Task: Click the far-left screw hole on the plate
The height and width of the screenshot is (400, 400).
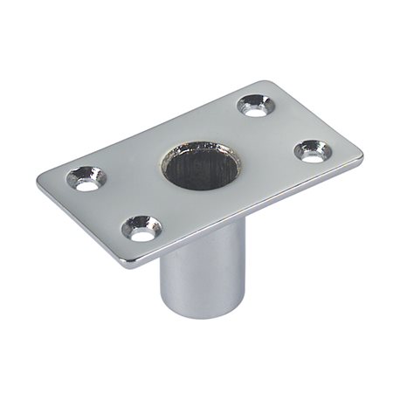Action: pos(86,180)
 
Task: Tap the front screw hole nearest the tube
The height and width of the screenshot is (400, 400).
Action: pos(141,230)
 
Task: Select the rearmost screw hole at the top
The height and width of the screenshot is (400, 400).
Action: pos(256,107)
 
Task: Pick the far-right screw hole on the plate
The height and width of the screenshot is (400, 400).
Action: pos(313,150)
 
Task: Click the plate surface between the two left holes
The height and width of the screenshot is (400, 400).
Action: pos(114,205)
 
